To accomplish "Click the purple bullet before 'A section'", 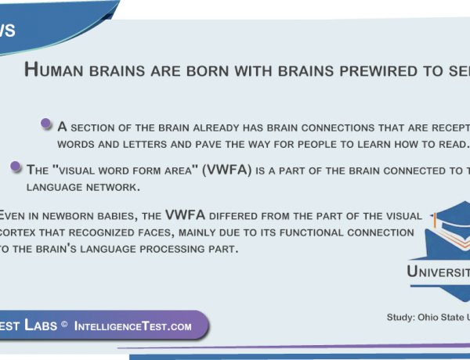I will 46,124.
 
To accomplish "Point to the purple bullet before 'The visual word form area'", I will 16,166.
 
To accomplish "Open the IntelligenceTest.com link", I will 133,326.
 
